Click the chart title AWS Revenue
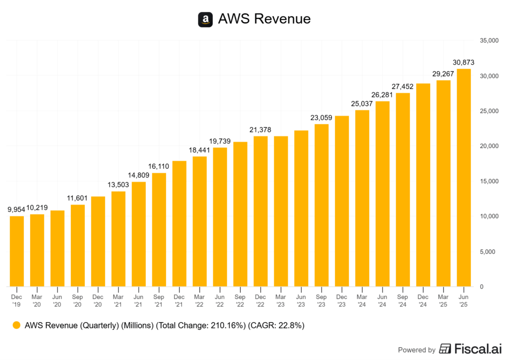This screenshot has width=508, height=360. click(x=264, y=19)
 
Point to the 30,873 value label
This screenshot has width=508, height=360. click(x=464, y=62)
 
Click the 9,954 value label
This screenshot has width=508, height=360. click(x=16, y=210)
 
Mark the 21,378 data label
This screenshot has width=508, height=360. click(x=260, y=130)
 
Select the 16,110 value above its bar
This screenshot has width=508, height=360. click(x=159, y=166)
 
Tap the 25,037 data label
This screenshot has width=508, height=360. click(x=362, y=104)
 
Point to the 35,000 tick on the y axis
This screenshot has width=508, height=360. click(x=489, y=41)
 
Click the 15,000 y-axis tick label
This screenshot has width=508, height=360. click(x=489, y=181)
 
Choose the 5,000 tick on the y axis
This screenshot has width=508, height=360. click(x=490, y=252)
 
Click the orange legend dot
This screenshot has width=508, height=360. click(x=17, y=326)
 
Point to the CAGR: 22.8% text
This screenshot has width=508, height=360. click(x=278, y=326)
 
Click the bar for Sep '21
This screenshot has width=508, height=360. click(x=159, y=229)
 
